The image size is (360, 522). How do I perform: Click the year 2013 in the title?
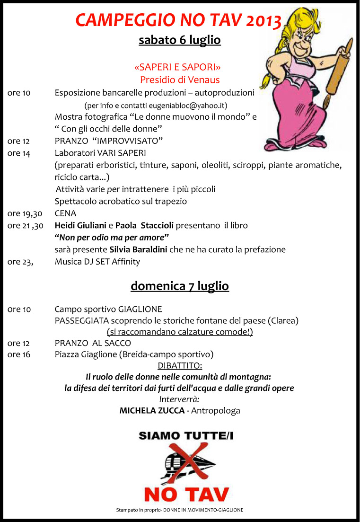263,20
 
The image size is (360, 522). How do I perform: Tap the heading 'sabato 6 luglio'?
180,40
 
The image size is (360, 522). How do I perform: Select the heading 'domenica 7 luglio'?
180,286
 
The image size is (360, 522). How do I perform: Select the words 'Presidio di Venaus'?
180,80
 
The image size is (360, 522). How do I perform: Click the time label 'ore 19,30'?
25,213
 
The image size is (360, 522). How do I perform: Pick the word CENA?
65,213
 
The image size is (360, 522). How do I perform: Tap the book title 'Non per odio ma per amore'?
112,237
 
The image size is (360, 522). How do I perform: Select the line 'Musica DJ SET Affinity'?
97,261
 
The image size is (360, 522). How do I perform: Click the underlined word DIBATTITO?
179,366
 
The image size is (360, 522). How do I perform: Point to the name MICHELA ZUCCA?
152,410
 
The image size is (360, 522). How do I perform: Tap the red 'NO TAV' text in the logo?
186,494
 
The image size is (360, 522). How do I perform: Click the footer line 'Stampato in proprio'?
180,510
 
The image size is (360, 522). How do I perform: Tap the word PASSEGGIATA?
82,320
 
